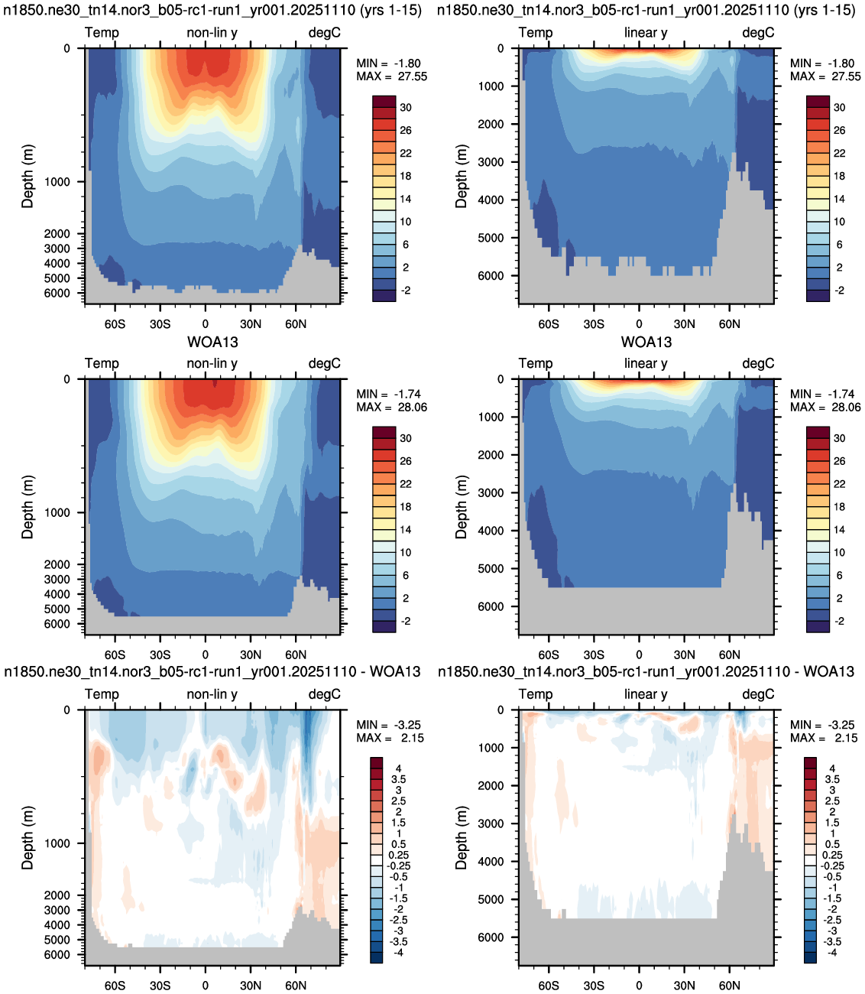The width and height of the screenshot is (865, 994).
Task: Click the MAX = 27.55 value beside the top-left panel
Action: click(x=391, y=76)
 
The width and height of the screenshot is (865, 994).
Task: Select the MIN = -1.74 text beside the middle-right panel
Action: click(x=823, y=394)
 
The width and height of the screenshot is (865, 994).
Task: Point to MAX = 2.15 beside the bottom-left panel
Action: click(x=390, y=738)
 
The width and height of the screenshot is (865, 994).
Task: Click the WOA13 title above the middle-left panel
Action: click(x=212, y=342)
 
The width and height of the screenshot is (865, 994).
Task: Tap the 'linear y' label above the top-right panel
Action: click(x=646, y=33)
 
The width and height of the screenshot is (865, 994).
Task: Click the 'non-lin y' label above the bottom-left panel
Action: click(x=212, y=694)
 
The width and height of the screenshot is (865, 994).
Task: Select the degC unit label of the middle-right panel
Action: click(x=758, y=363)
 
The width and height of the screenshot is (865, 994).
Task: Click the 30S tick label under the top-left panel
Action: click(x=160, y=324)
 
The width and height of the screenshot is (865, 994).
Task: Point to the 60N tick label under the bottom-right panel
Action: click(x=729, y=986)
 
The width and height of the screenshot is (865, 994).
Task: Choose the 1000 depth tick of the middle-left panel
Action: click(x=57, y=512)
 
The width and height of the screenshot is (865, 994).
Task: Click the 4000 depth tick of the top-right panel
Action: click(x=491, y=200)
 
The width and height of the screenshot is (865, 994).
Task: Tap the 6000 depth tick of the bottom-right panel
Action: click(x=491, y=937)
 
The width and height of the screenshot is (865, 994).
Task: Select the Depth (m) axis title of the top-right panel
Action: click(x=461, y=177)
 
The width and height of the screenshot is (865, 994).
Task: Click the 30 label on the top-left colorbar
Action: click(x=406, y=107)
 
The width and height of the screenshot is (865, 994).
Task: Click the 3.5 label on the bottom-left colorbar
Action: click(x=399, y=779)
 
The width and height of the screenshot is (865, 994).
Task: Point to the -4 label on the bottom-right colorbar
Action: click(x=832, y=952)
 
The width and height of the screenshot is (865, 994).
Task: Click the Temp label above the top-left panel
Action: click(x=102, y=33)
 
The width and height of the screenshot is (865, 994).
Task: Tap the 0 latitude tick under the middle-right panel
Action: click(x=639, y=655)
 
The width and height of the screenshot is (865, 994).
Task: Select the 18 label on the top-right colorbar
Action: click(x=839, y=176)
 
